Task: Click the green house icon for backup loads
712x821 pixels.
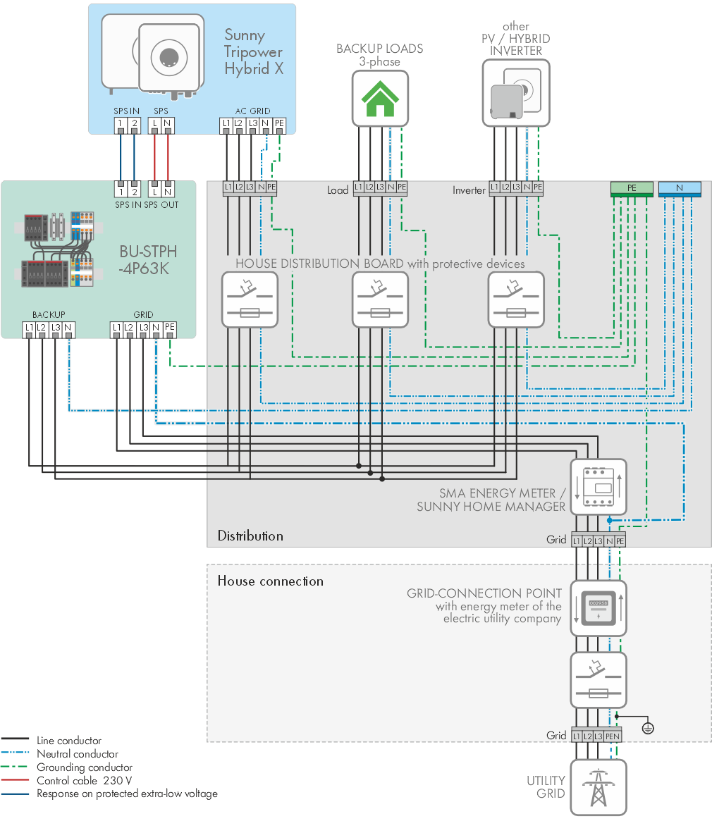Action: click(x=380, y=99)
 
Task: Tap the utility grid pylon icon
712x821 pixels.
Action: click(x=599, y=787)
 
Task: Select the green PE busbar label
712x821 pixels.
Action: click(x=632, y=188)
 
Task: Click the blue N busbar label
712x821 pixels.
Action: click(x=680, y=188)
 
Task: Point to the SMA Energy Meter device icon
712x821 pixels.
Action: click(x=599, y=487)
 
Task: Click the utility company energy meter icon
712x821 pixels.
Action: click(x=599, y=608)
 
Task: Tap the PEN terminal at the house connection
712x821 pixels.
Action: click(x=613, y=736)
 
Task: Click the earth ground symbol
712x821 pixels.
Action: click(x=648, y=728)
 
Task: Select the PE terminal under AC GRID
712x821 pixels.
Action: click(x=279, y=124)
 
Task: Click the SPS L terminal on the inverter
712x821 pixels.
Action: click(x=154, y=124)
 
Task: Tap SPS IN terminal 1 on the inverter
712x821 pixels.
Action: click(x=121, y=124)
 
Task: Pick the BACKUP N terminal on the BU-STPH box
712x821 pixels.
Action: click(x=68, y=328)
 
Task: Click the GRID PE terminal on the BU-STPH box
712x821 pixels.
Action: click(x=169, y=328)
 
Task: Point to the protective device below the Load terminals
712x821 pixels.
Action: click(x=380, y=300)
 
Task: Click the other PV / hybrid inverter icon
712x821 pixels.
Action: click(x=516, y=93)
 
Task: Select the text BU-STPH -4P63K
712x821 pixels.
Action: click(x=147, y=260)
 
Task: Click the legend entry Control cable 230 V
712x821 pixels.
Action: click(x=84, y=780)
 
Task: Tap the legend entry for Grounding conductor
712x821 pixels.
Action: click(x=85, y=767)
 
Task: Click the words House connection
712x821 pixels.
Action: click(x=270, y=581)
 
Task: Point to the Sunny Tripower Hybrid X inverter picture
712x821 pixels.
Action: click(x=152, y=56)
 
